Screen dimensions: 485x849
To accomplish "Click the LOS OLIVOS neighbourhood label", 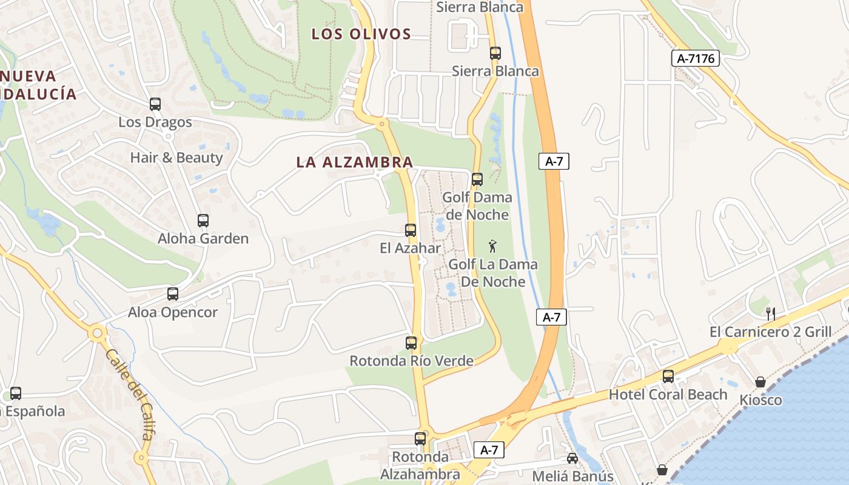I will click(361, 34).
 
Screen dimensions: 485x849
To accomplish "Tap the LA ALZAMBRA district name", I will click(355, 162).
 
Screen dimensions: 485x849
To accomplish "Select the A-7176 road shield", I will click(696, 58).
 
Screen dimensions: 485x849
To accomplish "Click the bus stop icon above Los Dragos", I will click(155, 104).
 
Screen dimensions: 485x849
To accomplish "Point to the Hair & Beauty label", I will click(176, 158).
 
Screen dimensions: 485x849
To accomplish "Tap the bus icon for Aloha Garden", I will click(203, 221).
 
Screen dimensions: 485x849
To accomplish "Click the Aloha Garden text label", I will click(203, 238).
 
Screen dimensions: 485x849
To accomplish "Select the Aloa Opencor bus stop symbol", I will click(173, 294).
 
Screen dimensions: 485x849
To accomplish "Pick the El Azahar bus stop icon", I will click(411, 230).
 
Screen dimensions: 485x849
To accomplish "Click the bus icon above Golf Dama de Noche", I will click(477, 179).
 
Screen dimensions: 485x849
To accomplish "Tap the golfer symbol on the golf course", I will click(493, 246).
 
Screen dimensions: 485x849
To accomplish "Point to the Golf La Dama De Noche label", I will click(493, 273).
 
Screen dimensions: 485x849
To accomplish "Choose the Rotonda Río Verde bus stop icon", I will click(411, 343).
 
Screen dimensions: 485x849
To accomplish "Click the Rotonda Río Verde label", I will click(411, 361).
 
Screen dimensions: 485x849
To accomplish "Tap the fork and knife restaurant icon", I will click(771, 314).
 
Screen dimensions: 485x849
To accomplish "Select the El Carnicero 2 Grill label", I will click(779, 332).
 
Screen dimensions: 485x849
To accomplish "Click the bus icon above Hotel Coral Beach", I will click(668, 376).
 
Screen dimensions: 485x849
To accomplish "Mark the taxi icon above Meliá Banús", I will click(572, 458).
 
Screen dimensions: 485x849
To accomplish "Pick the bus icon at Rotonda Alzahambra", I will click(420, 439).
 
